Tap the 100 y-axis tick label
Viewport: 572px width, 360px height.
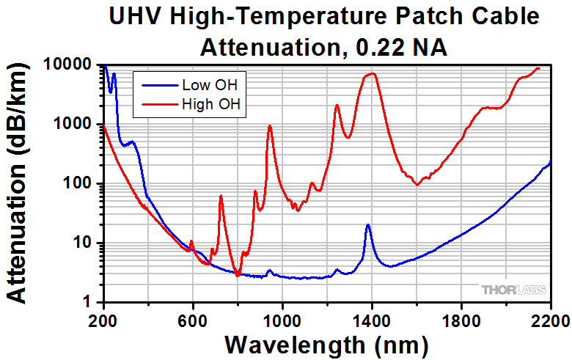[x=81, y=183]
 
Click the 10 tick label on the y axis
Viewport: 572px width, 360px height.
[x=86, y=243]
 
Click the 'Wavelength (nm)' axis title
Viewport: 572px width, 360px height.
[x=326, y=343]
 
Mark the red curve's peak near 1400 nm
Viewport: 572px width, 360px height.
[x=373, y=73]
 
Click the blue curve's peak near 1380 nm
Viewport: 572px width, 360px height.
[x=367, y=225]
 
